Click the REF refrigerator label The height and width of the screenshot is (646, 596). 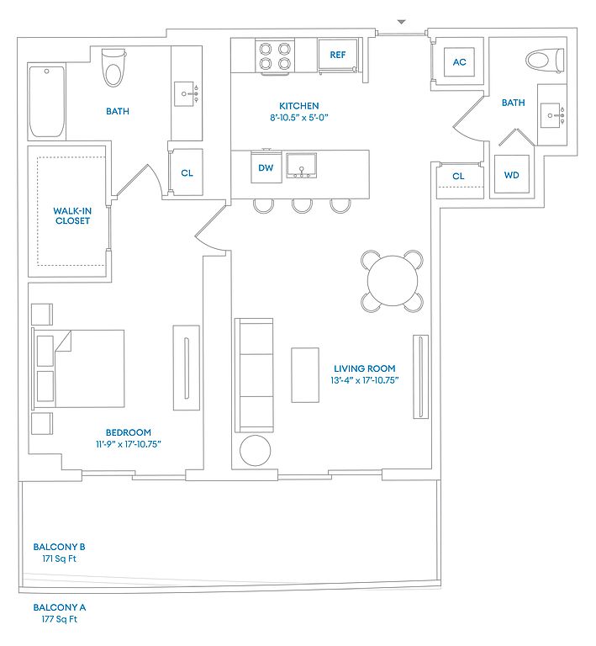point(338,55)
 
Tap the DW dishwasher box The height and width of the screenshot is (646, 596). point(266,167)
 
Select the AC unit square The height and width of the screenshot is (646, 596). point(459,61)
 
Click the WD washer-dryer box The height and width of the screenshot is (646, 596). point(511,175)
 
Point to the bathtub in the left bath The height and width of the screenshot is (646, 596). point(46,101)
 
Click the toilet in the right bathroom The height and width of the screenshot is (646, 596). point(545,61)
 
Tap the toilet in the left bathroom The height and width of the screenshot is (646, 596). point(113,67)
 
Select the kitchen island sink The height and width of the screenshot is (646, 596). point(302,166)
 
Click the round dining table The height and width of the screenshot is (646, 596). point(393,281)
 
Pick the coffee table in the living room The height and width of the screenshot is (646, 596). point(305,375)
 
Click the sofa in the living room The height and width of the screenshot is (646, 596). point(254,375)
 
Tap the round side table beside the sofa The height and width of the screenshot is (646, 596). point(256,450)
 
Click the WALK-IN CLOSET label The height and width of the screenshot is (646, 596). point(72,216)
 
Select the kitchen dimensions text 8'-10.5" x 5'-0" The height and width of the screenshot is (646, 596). point(298,118)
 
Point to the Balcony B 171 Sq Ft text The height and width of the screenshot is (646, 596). point(60,553)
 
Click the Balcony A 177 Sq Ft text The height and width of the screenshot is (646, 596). point(60,613)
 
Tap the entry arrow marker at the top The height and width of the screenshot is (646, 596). point(401,22)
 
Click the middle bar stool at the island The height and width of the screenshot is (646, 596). point(302,206)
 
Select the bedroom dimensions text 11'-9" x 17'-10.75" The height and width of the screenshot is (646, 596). point(129,444)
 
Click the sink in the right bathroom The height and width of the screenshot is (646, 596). point(550,115)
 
